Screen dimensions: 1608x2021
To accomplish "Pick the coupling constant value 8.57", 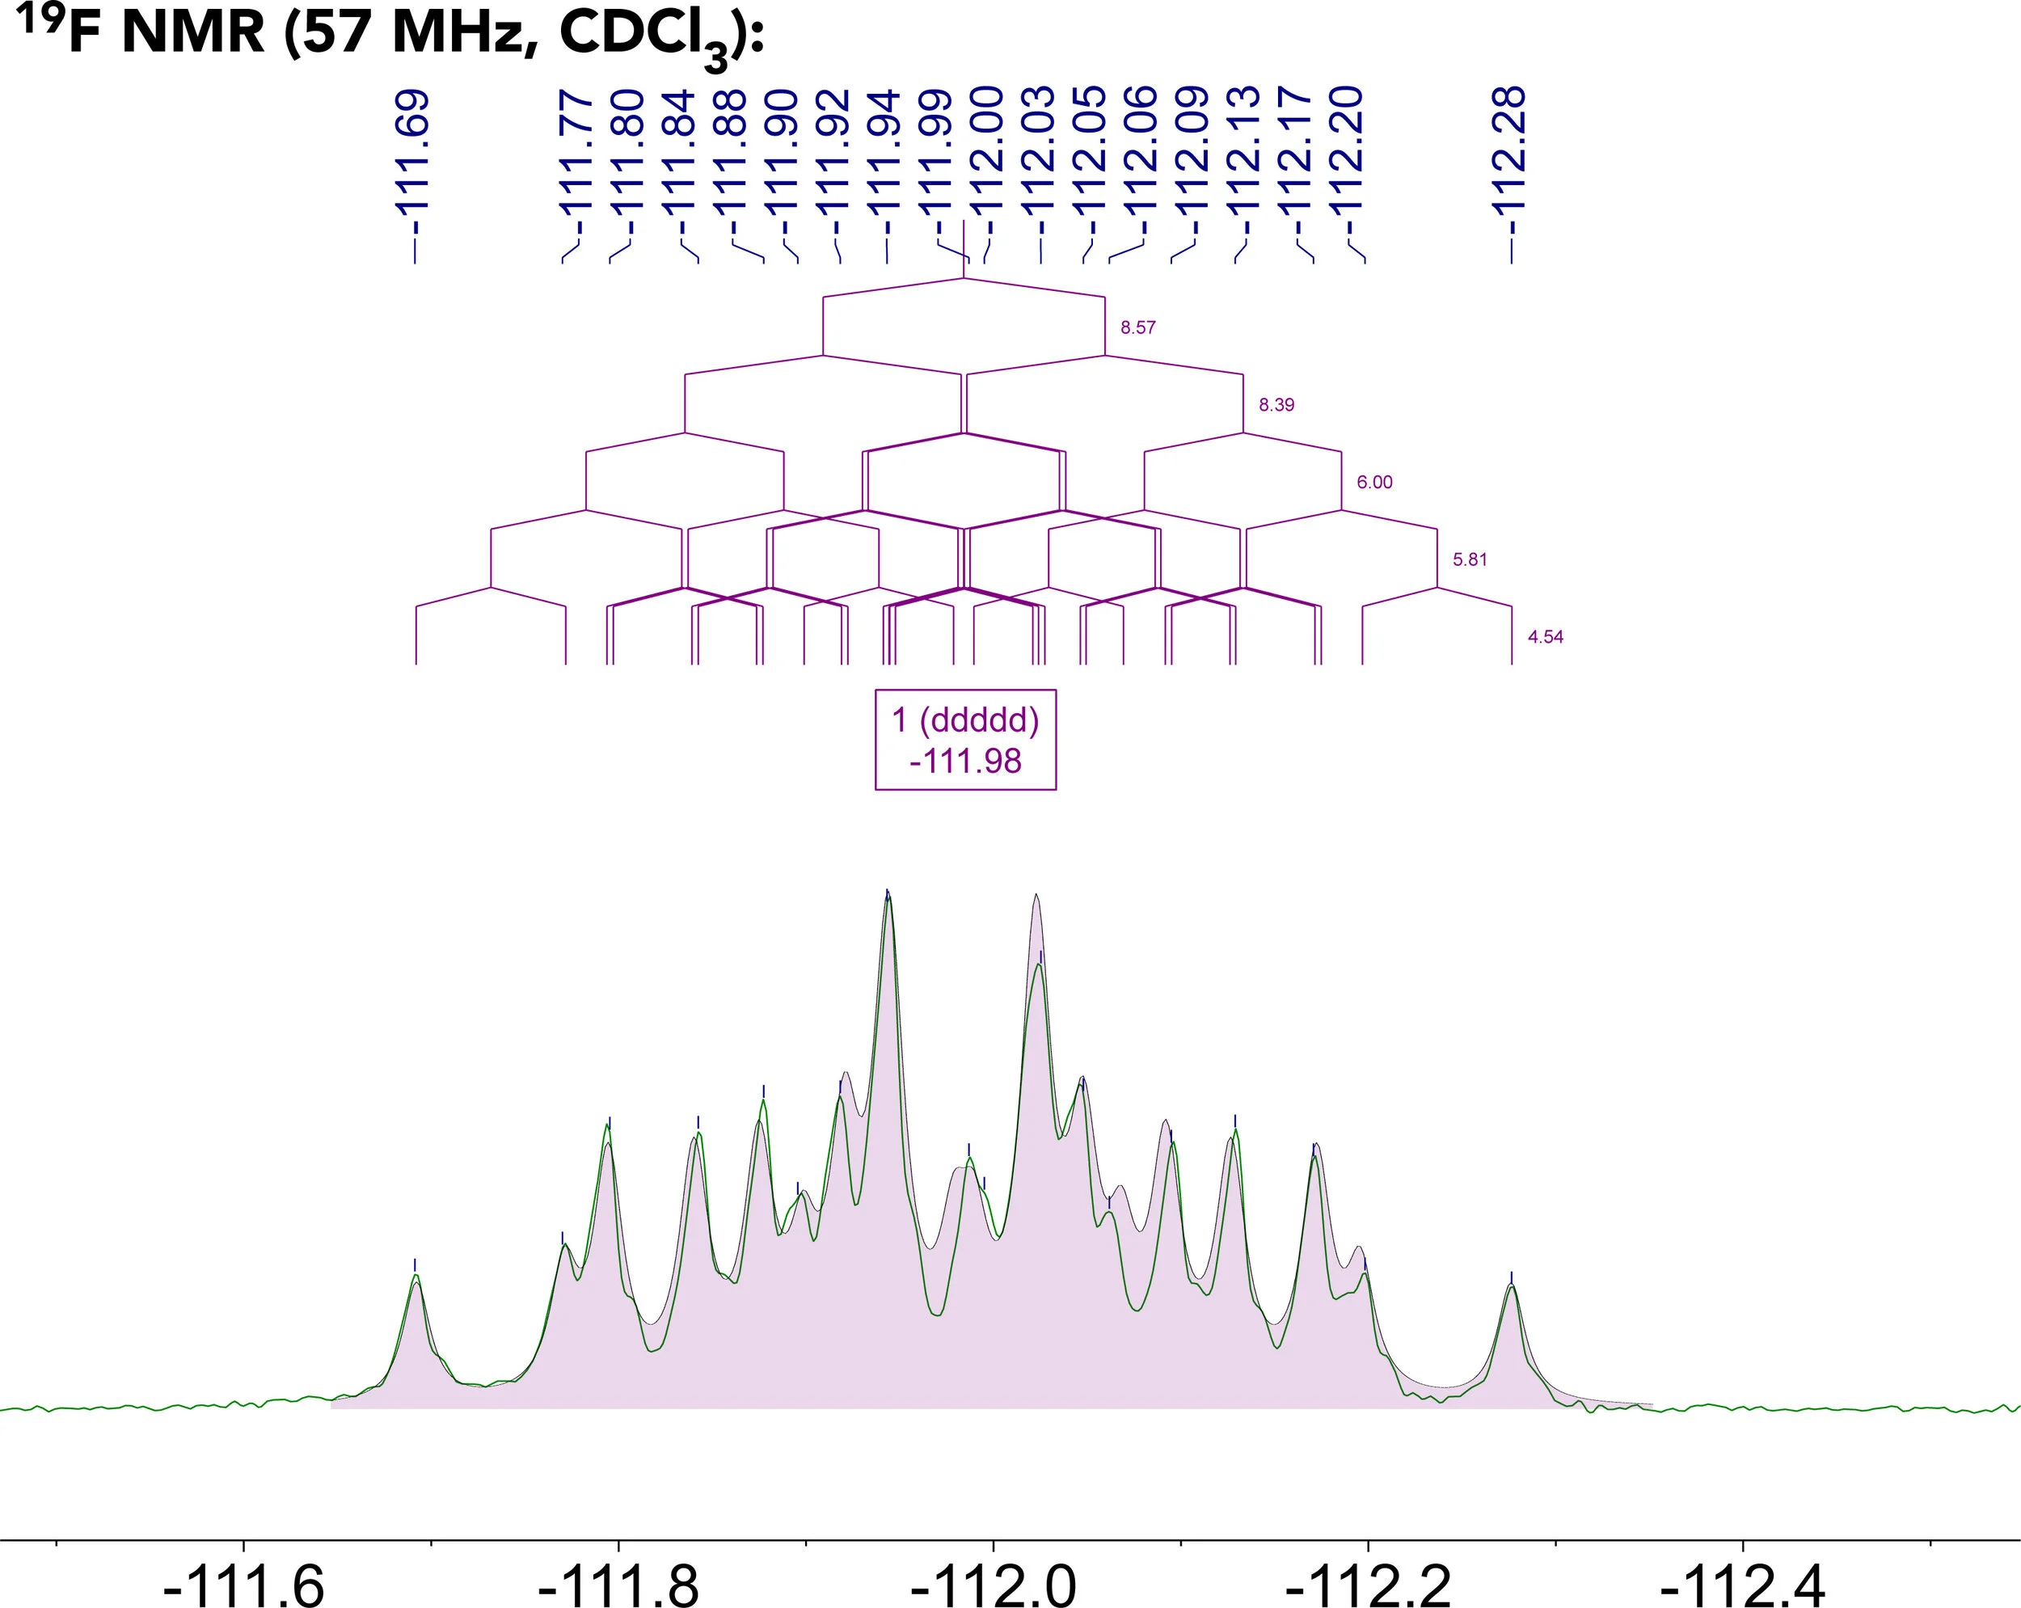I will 1138,328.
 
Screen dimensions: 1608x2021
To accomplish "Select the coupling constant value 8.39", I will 1276,405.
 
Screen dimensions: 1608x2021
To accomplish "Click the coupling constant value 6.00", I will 1374,483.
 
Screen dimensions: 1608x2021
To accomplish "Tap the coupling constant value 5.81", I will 1469,559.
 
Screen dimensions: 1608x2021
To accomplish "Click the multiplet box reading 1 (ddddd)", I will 965,740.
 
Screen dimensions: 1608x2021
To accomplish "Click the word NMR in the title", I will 193,33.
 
